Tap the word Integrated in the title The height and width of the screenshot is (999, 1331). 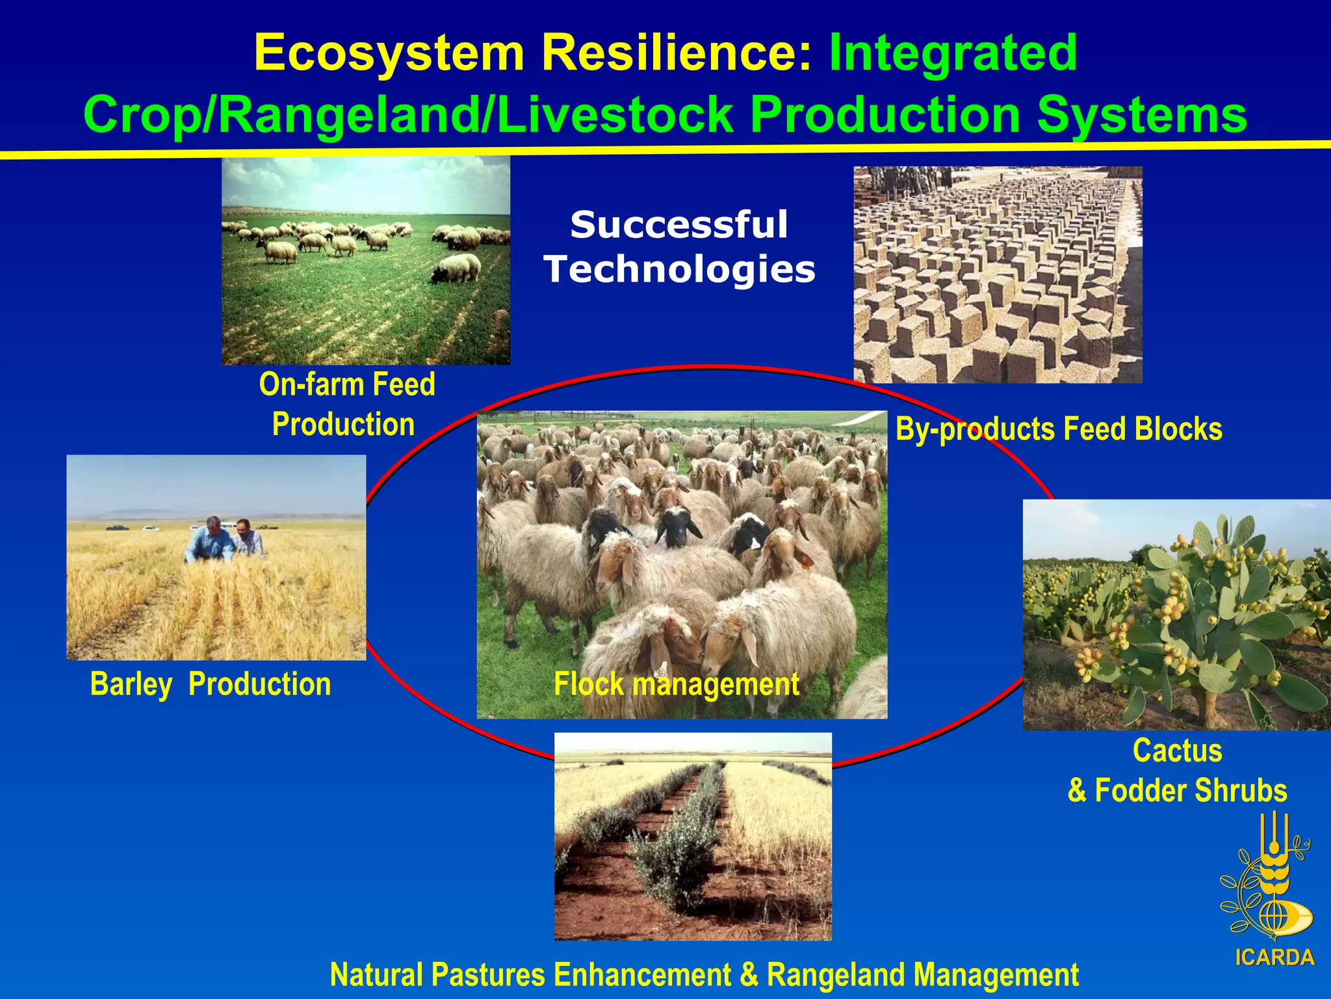click(x=953, y=53)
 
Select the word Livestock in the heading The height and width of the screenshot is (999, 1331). click(x=615, y=115)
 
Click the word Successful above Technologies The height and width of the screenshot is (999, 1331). click(x=679, y=225)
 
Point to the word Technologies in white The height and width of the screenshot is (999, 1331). click(x=679, y=269)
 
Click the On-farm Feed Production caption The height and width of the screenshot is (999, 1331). click(x=346, y=404)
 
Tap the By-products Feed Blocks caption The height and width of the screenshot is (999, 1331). click(x=1058, y=429)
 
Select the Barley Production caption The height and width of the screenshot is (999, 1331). click(x=211, y=684)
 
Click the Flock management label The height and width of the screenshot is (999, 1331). click(x=676, y=684)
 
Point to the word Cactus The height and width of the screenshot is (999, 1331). click(x=1177, y=751)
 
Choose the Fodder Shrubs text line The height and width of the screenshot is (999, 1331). click(x=1177, y=790)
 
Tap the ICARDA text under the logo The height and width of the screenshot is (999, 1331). click(x=1274, y=957)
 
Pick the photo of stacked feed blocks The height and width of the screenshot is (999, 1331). click(x=998, y=274)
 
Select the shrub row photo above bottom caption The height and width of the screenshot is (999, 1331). click(x=693, y=836)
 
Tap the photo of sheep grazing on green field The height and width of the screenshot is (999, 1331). click(x=366, y=260)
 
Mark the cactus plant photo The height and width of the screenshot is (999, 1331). click(x=1176, y=615)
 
